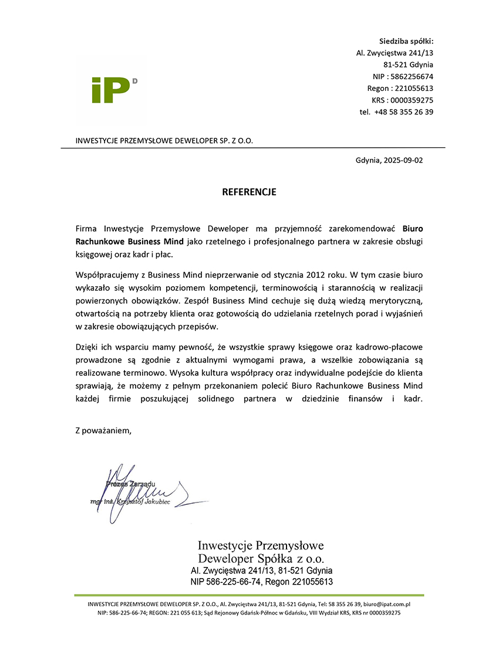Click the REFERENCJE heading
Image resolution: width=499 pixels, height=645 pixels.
coord(249,192)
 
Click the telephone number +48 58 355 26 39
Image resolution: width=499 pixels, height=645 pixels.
coord(403,112)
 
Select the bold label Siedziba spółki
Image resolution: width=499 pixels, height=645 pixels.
coord(406,41)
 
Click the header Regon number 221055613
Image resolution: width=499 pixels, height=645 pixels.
coord(414,89)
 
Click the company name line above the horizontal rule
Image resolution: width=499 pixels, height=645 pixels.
coord(164,141)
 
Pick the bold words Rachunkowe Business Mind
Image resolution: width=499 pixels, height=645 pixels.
coord(130,242)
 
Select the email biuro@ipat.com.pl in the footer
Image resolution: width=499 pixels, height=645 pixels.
coord(386,603)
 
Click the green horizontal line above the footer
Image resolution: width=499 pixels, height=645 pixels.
coord(249,595)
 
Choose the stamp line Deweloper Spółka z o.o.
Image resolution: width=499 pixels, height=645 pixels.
coord(261,558)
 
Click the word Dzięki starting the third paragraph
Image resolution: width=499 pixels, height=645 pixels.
coord(87,347)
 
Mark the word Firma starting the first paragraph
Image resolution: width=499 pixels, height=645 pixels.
coord(87,228)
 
